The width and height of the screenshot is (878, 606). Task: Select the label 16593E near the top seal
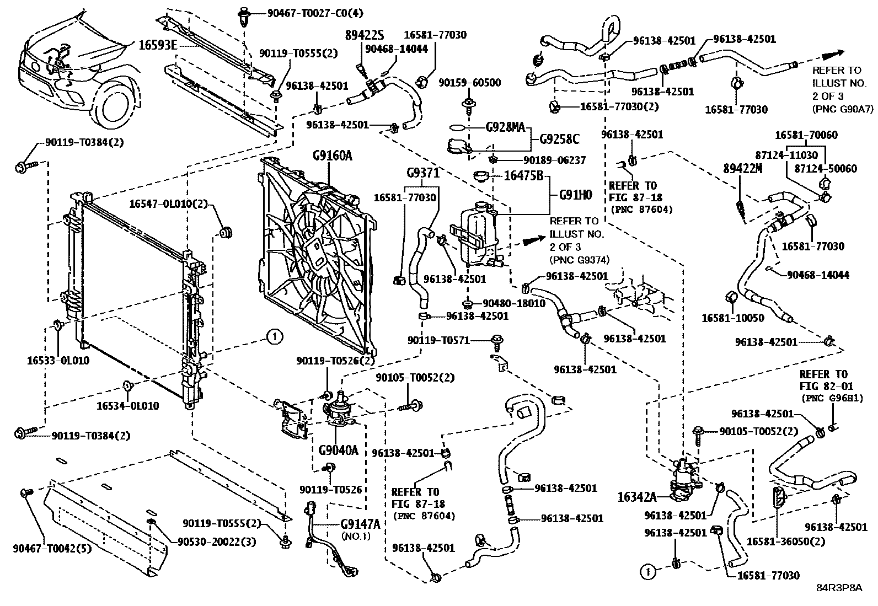157,45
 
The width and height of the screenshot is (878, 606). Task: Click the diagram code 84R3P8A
839,587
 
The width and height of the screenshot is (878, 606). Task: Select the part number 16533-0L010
58,361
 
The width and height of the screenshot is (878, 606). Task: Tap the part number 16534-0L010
127,406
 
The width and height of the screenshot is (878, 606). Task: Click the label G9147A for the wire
360,524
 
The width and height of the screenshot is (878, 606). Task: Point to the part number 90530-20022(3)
217,542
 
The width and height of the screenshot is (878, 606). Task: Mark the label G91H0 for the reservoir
575,194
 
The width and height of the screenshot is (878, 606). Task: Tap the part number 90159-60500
470,83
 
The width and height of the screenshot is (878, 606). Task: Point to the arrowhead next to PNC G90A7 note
832,54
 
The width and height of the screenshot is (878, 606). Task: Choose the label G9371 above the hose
422,174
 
